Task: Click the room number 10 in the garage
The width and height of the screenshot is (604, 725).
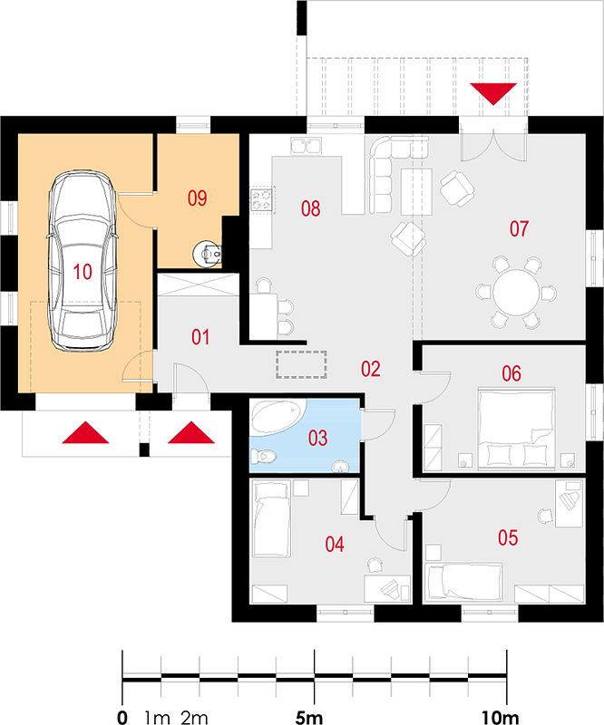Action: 83,272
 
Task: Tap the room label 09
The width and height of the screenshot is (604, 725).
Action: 197,198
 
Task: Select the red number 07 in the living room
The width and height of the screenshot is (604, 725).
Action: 519,229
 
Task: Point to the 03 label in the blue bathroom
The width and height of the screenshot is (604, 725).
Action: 318,438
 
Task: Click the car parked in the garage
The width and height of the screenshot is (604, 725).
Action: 82,259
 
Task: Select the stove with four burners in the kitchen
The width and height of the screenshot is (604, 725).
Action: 262,199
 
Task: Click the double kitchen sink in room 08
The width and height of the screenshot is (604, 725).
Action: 306,146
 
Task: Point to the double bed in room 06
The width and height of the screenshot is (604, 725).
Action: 517,429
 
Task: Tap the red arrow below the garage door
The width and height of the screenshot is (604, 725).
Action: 85,432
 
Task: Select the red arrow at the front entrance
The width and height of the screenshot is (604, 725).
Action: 191,432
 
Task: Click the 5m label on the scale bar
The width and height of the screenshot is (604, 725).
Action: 309,718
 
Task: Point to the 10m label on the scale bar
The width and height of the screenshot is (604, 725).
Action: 501,718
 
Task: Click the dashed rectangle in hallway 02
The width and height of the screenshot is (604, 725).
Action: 301,365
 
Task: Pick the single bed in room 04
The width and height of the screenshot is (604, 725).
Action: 271,518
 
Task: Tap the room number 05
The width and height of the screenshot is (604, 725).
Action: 508,537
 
